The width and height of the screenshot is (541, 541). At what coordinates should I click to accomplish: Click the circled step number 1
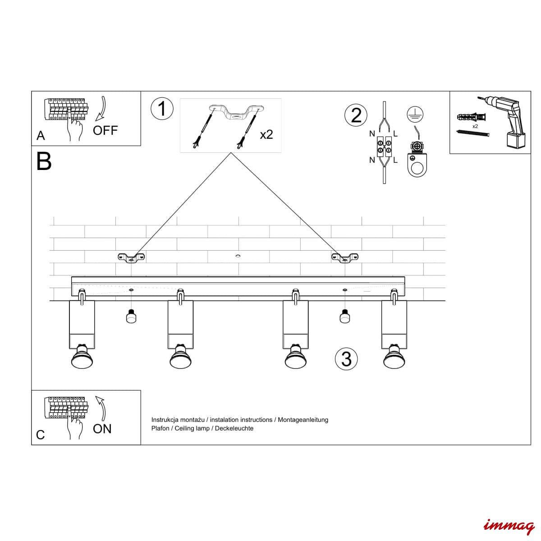[x=162, y=109]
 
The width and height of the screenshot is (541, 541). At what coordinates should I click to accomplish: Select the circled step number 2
[x=356, y=115]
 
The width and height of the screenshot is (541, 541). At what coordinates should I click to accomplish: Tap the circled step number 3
[x=346, y=359]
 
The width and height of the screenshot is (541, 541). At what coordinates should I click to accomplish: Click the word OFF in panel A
[x=105, y=131]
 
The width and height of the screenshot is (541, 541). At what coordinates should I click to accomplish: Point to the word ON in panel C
[x=102, y=429]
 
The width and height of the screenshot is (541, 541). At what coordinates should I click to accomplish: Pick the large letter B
[x=44, y=161]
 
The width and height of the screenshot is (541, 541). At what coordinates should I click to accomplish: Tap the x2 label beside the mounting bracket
[x=266, y=134]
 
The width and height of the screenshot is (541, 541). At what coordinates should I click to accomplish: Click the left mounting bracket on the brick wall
[x=131, y=257]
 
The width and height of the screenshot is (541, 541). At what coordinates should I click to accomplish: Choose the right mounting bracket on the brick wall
[x=345, y=257]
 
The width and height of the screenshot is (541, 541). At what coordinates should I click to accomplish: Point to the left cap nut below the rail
[x=131, y=316]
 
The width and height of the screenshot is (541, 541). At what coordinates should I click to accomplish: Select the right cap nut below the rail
[x=345, y=316]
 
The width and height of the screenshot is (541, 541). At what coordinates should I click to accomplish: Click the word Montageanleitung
[x=303, y=420]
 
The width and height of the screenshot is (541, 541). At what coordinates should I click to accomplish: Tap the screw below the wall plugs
[x=473, y=133]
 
